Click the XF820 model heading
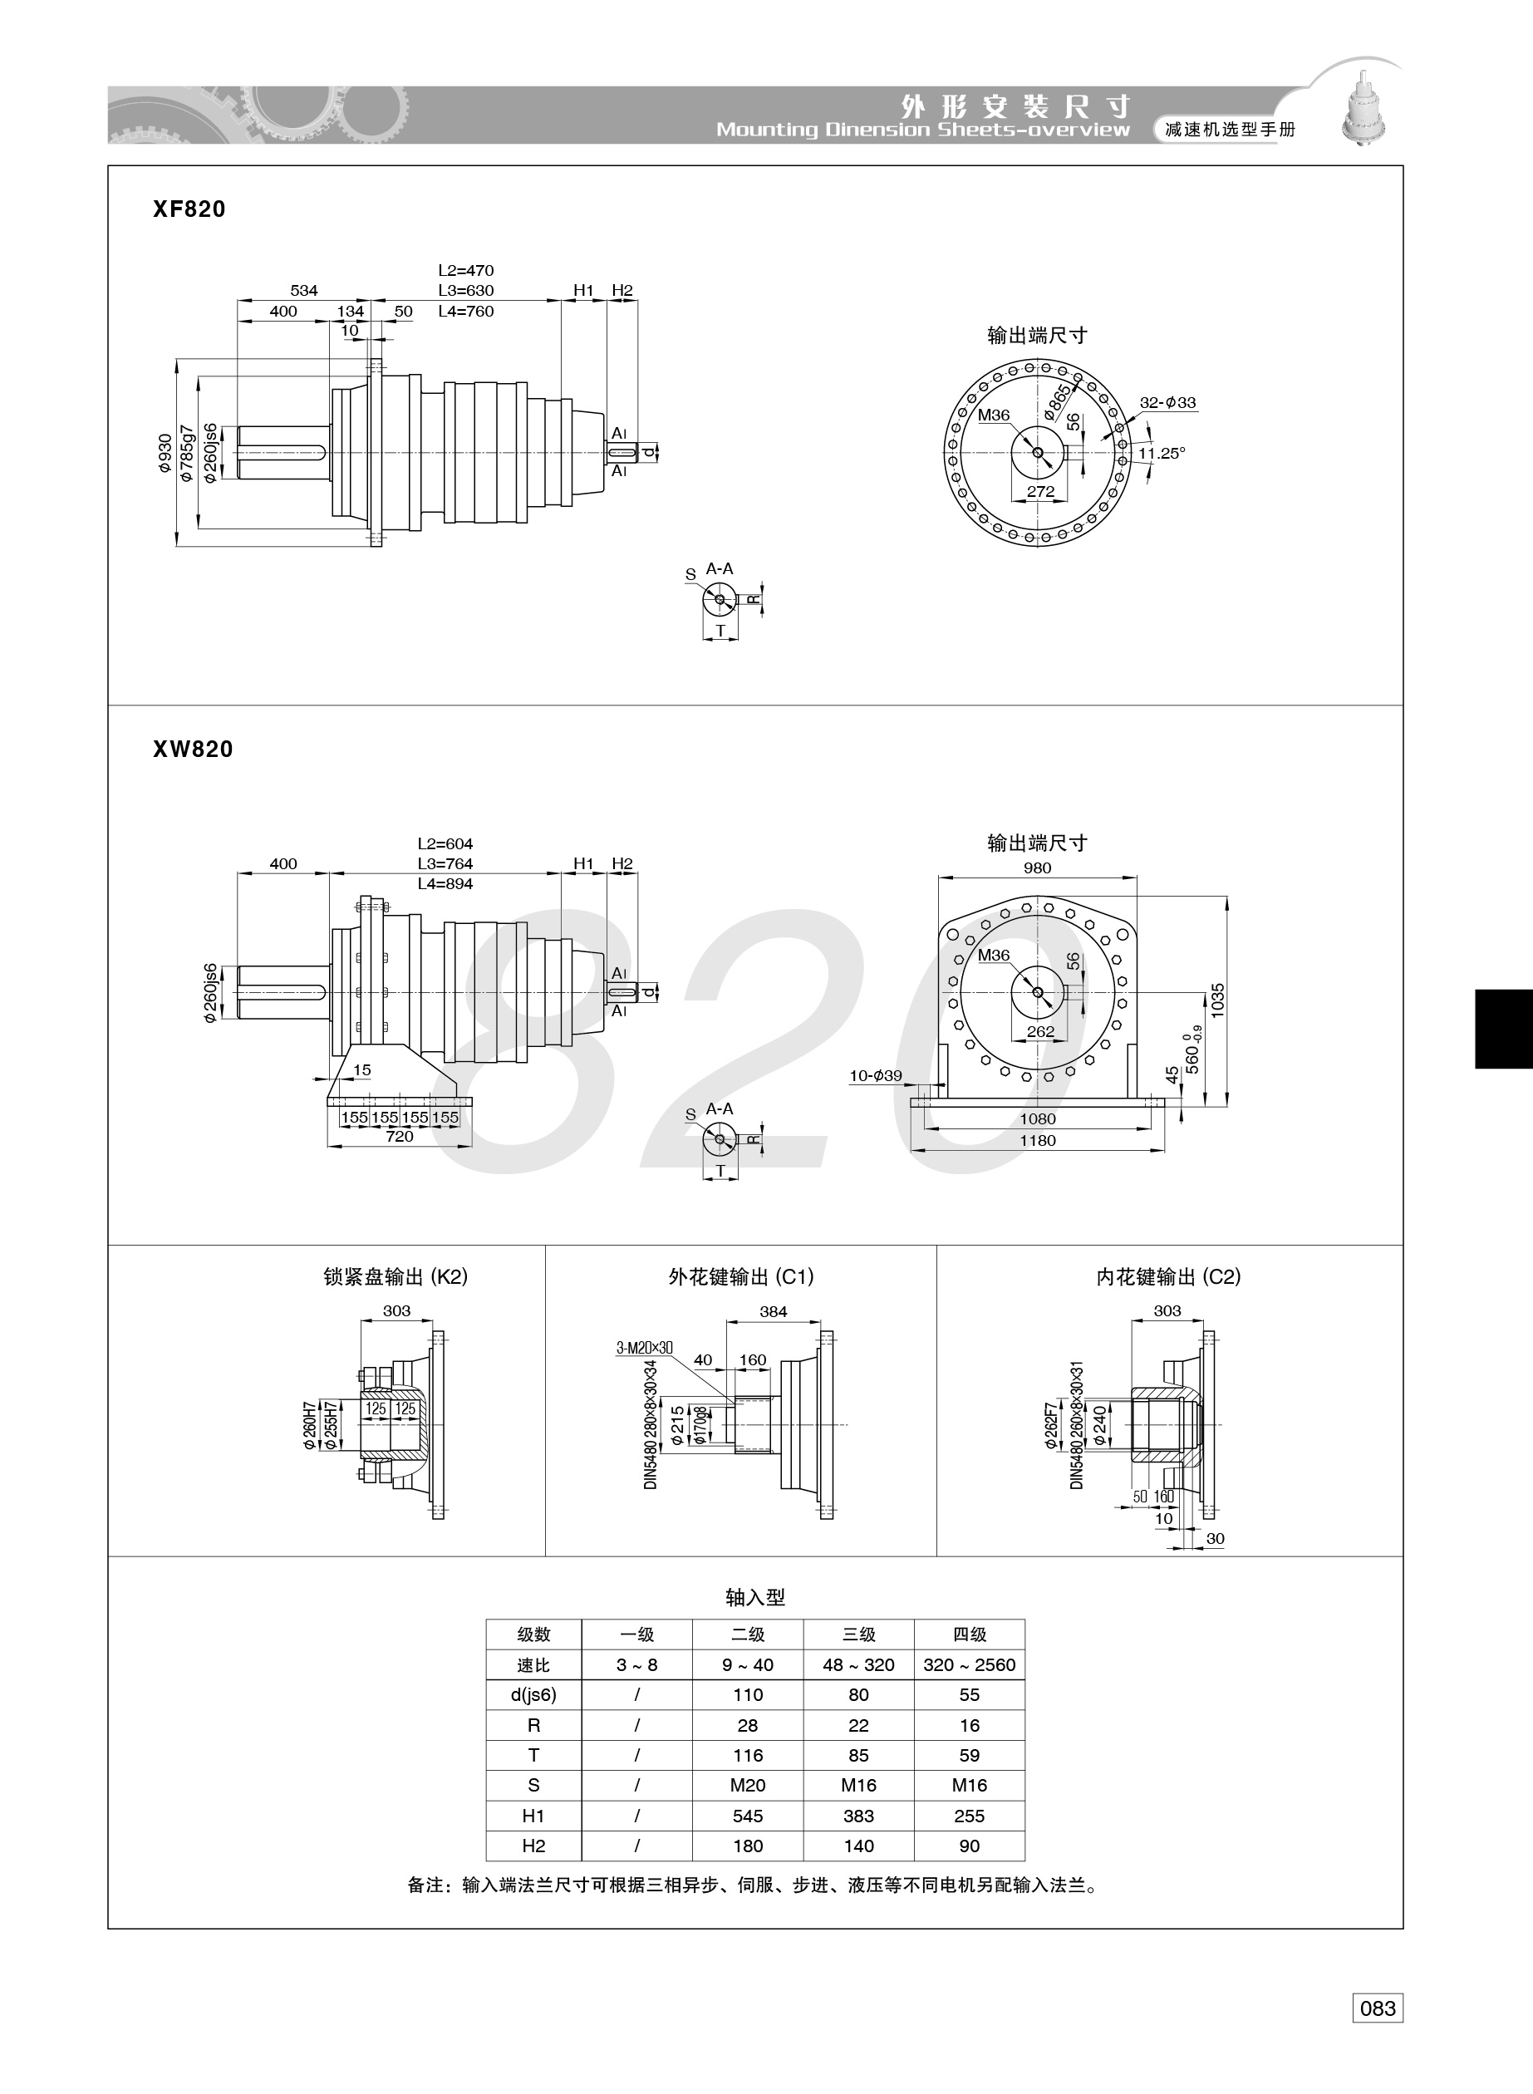[189, 209]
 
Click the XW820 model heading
[193, 749]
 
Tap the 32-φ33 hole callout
[1167, 403]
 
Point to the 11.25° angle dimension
[1162, 453]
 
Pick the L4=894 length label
[445, 883]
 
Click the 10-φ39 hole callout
[876, 1075]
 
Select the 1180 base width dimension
[1038, 1140]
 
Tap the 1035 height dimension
[1217, 1001]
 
